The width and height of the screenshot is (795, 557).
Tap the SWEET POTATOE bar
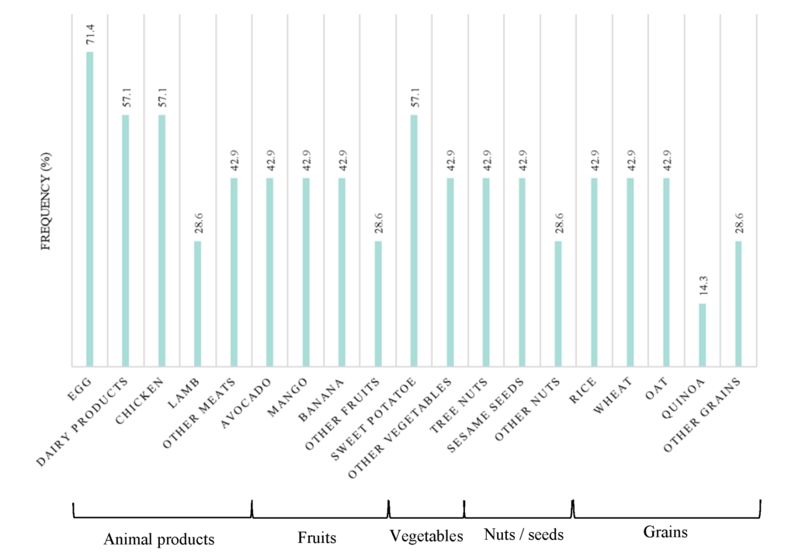[x=414, y=241]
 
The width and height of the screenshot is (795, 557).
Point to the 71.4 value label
[x=90, y=36]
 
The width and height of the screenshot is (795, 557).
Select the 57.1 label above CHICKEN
[x=162, y=99]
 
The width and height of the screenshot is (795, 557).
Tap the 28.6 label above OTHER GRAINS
[x=739, y=225]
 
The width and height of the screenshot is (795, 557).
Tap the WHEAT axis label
[x=616, y=394]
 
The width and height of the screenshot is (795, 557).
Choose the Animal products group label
[x=158, y=539]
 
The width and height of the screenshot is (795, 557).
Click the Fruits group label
[x=317, y=538]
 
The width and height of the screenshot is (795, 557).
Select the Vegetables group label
[x=425, y=536]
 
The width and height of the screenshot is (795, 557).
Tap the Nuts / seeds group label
[x=522, y=535]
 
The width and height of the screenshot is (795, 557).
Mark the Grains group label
[x=665, y=532]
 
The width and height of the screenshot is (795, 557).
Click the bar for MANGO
[x=306, y=272]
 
